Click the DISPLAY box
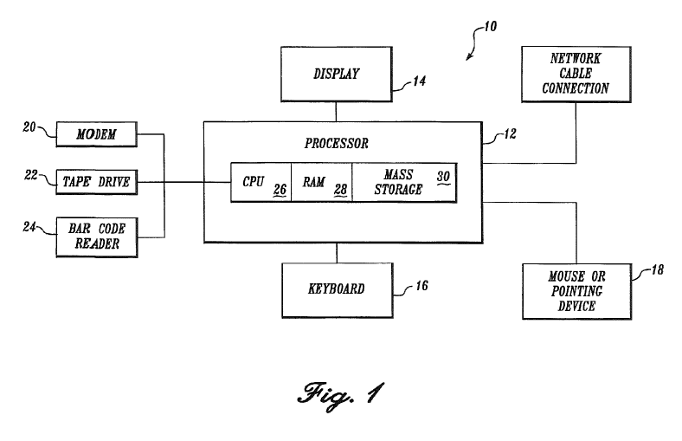(336, 75)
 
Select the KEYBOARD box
(336, 289)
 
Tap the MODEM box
(96, 134)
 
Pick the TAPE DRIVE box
(96, 182)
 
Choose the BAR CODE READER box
(96, 235)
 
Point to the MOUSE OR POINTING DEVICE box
(577, 290)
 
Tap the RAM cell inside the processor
(321, 183)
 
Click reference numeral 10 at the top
(489, 26)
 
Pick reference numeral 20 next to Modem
(29, 127)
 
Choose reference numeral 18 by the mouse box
(655, 270)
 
